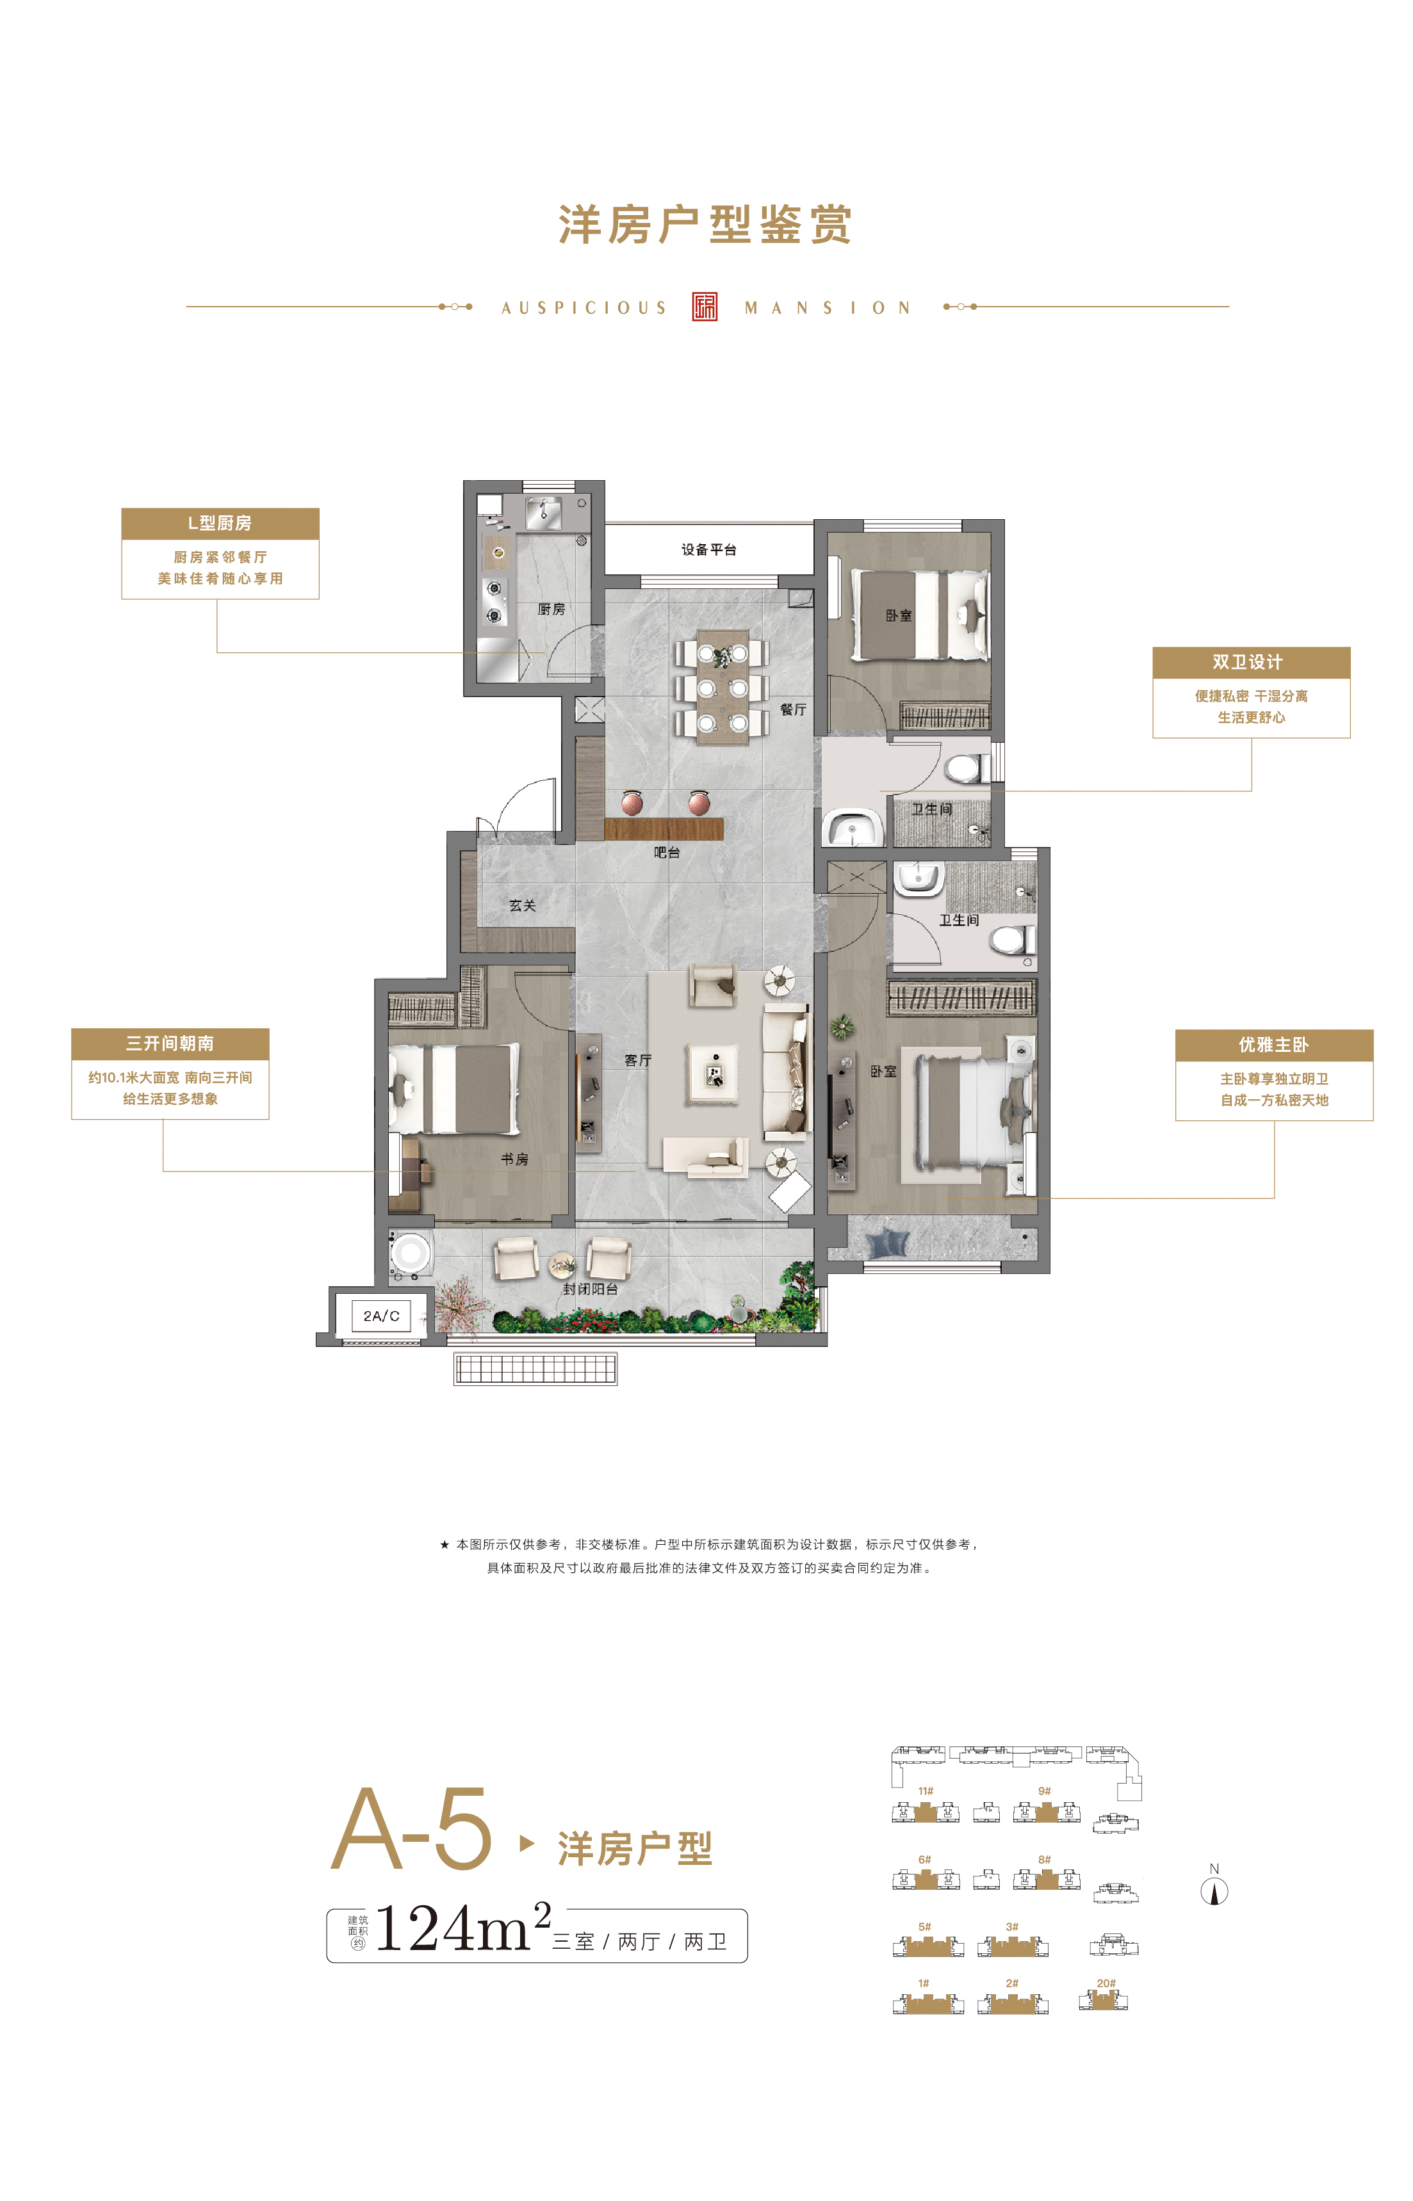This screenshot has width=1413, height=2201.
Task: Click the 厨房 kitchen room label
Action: point(551,609)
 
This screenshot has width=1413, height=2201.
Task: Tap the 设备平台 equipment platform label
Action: point(708,549)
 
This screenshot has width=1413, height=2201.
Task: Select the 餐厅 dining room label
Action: point(793,709)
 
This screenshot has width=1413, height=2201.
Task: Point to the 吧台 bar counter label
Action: point(667,852)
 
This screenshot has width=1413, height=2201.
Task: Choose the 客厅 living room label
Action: point(638,1060)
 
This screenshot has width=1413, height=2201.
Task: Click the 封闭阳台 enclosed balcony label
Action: point(590,1289)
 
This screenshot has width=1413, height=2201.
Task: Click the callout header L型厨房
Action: point(220,524)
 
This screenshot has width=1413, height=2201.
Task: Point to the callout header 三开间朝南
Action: point(170,1044)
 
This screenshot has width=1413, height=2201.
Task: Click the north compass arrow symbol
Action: point(1215,1891)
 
